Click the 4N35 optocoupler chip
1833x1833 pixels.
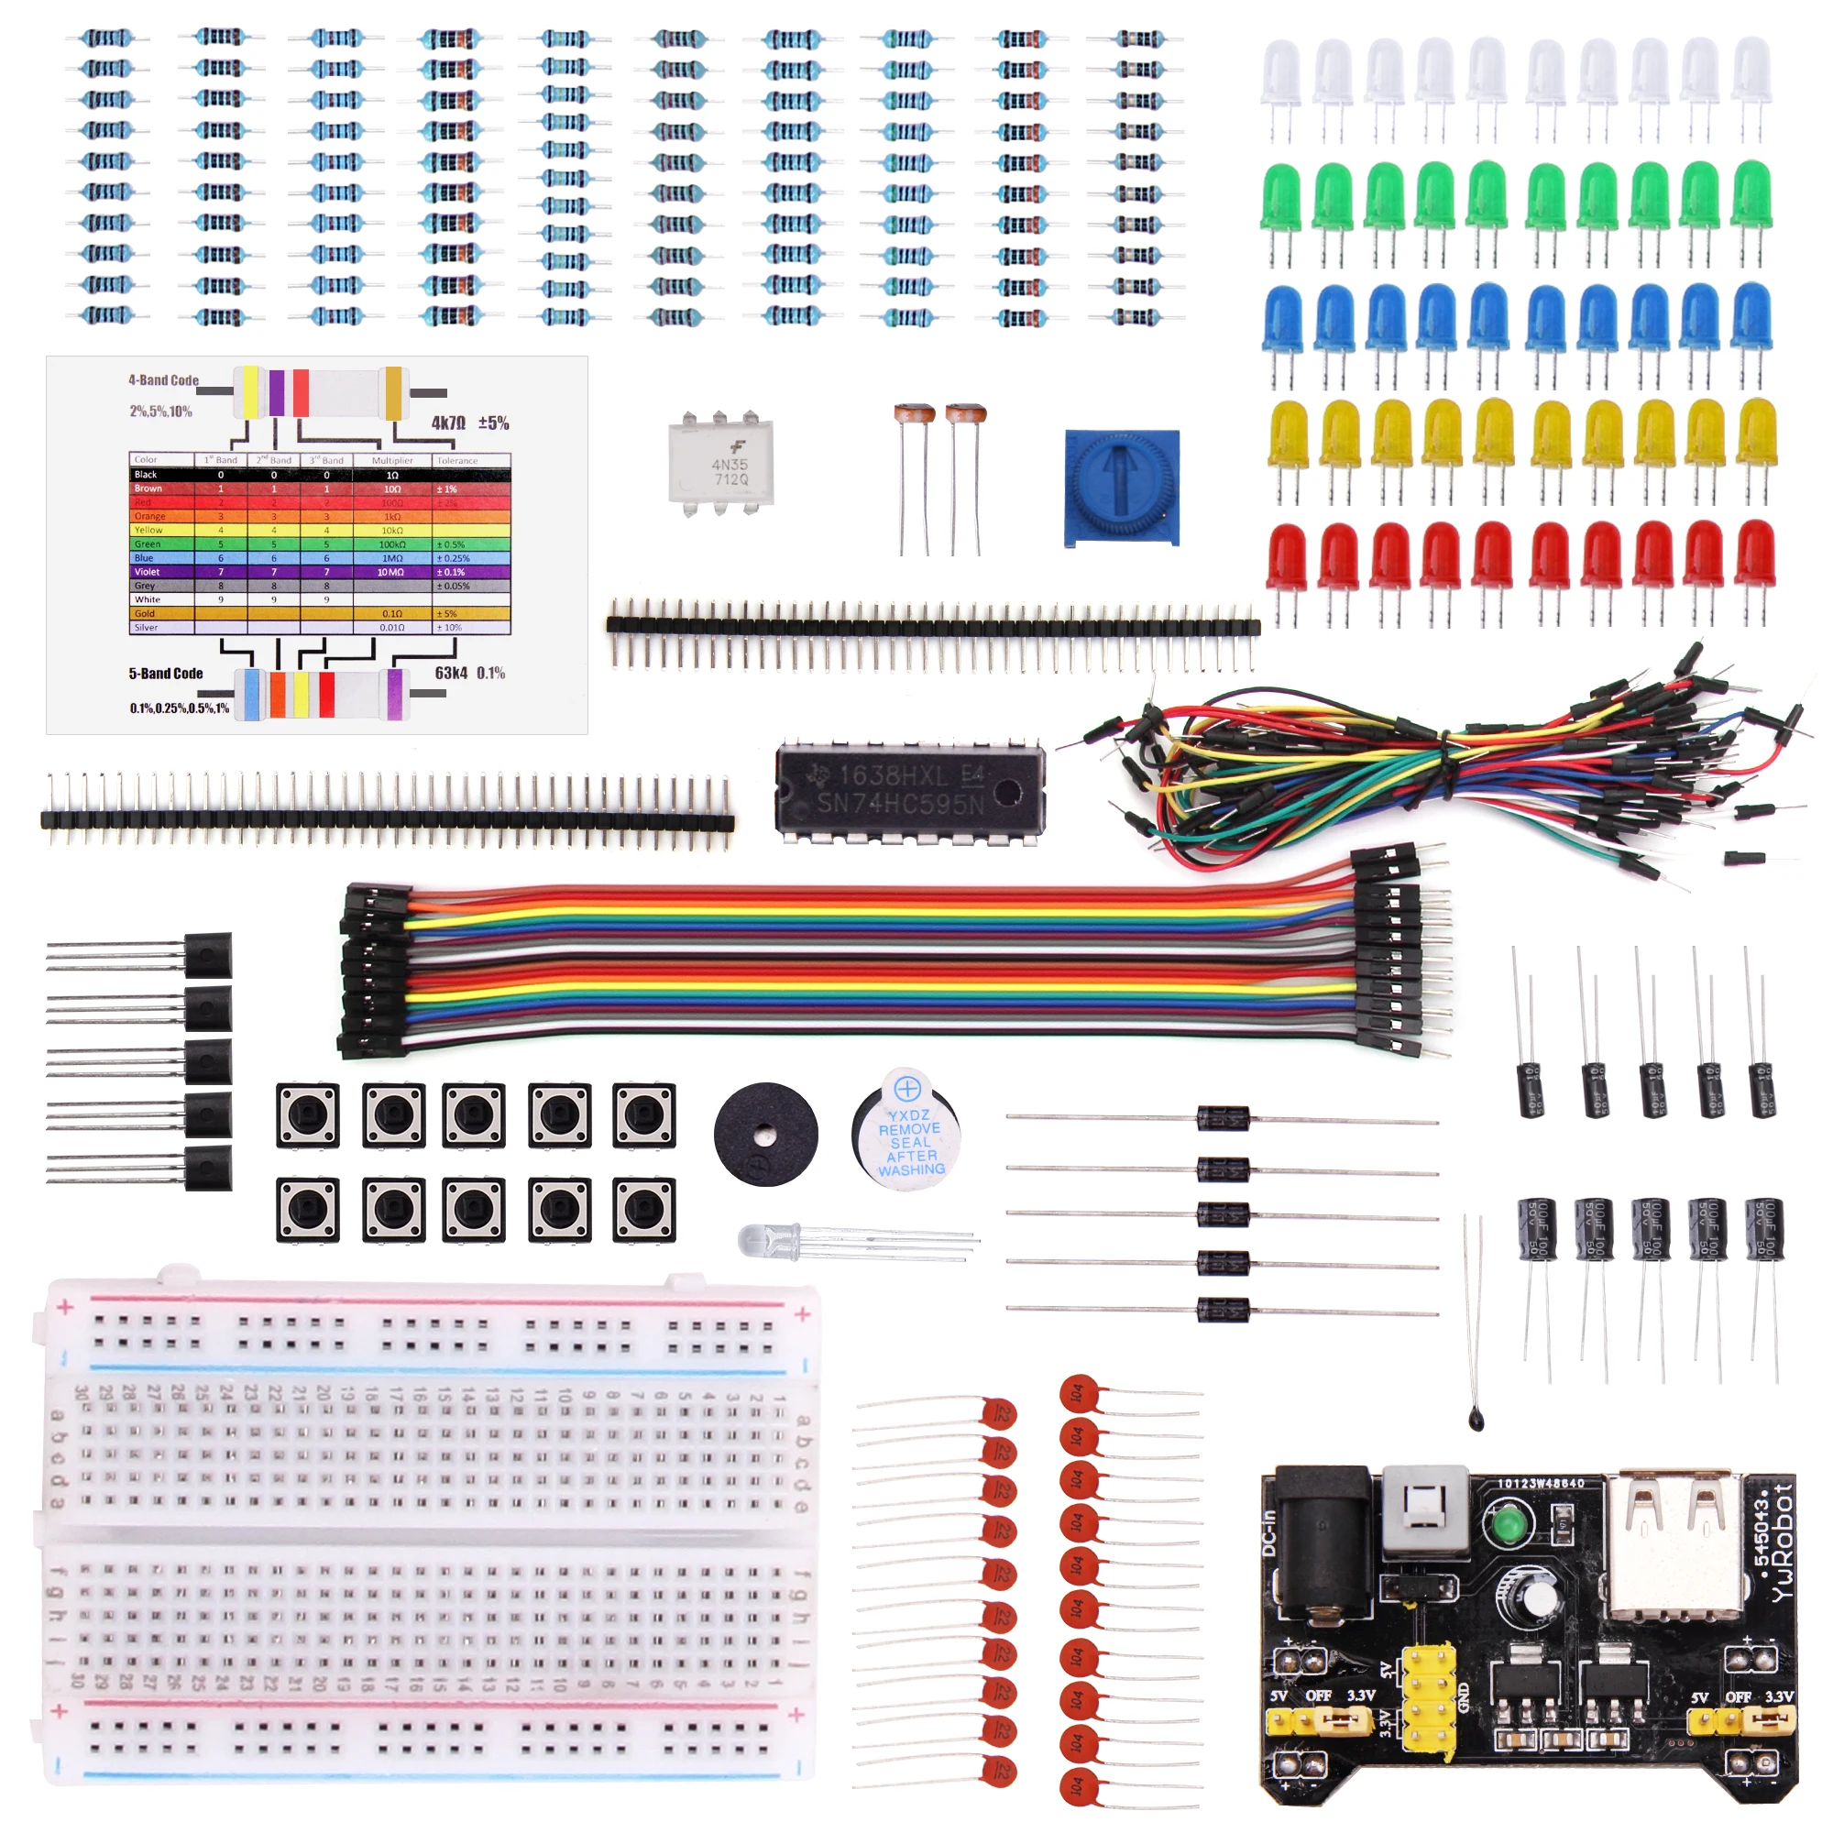721,463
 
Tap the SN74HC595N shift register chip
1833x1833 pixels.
909,790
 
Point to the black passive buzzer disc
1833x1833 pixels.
765,1134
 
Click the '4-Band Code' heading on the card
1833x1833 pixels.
163,380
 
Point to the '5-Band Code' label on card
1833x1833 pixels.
166,674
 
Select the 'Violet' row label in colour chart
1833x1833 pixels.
147,572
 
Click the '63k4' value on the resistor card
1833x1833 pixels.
452,673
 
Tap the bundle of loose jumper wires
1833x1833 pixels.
1442,759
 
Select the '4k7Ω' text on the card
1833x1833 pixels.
449,423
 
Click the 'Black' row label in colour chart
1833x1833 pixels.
146,475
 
